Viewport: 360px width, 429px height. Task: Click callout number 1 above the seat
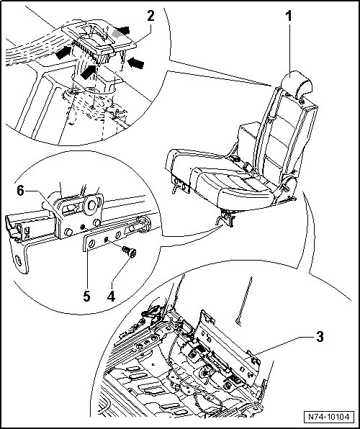[x=289, y=16]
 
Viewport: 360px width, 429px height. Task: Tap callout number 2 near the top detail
[x=150, y=16]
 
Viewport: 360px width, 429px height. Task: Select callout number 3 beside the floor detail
[x=320, y=337]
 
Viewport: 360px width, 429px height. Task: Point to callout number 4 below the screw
[x=111, y=296]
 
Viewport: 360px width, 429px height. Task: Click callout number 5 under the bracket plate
[x=86, y=296]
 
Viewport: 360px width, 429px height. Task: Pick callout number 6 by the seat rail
[x=21, y=191]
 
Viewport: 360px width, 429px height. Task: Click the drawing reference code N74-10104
[x=329, y=417]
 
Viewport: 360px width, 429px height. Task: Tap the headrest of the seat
[x=297, y=84]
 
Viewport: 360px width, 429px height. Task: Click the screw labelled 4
[x=130, y=252]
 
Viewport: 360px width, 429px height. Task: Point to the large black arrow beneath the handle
[x=89, y=72]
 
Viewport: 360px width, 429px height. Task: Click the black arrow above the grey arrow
[x=122, y=30]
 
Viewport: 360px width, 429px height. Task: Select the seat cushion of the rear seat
[x=219, y=178]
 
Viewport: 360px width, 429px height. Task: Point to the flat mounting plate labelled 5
[x=117, y=235]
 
